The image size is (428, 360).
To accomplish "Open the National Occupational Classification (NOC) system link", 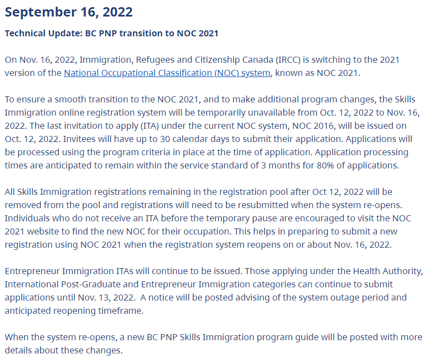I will point(167,73).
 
